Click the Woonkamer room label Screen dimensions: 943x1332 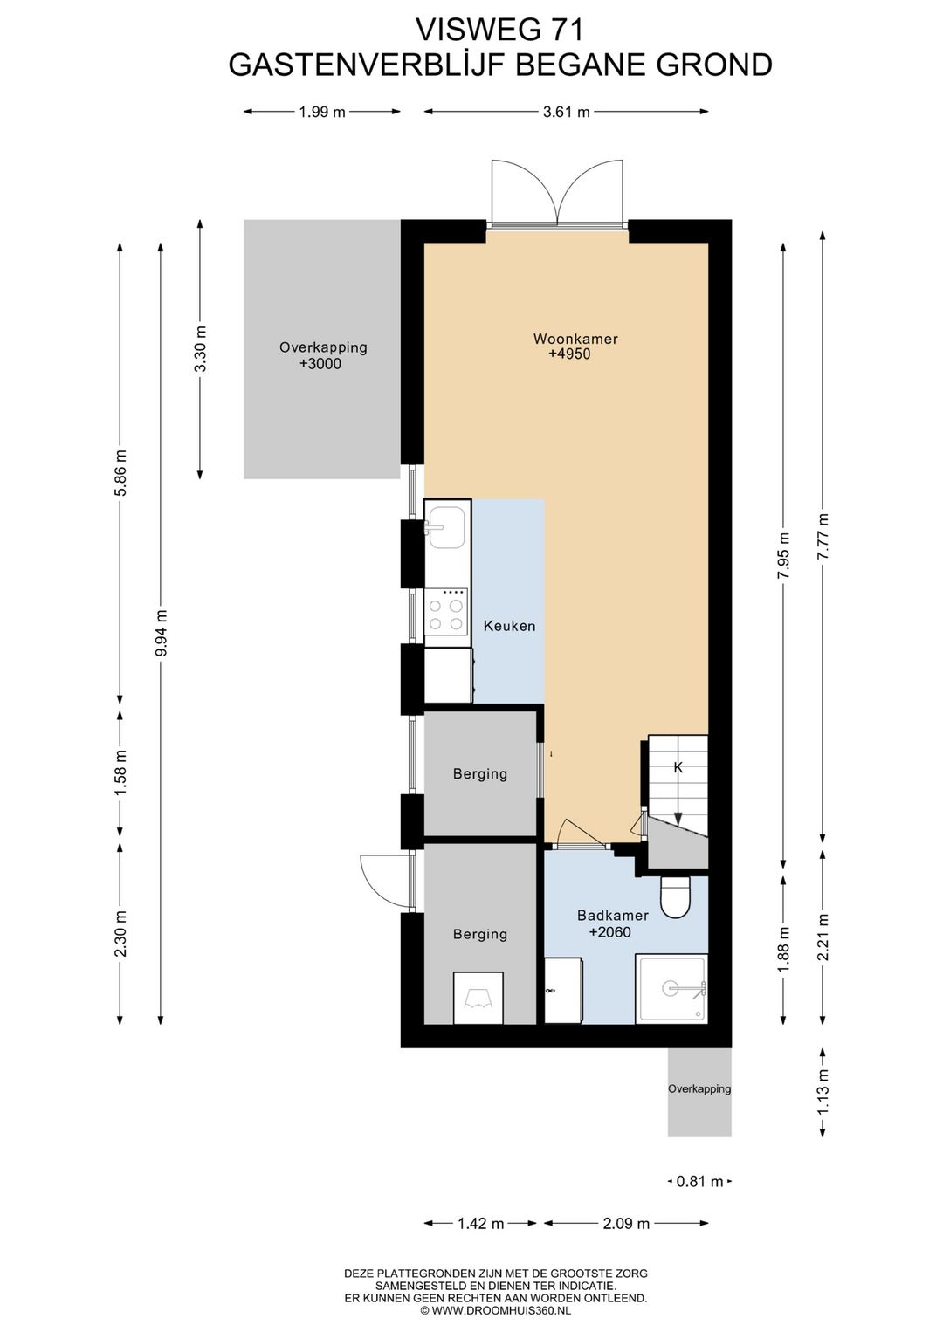[575, 339]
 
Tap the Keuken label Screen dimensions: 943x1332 [509, 626]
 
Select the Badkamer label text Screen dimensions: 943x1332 [613, 916]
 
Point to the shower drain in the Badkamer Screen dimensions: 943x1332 [670, 988]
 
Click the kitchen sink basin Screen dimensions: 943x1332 [446, 527]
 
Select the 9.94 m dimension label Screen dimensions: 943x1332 [162, 632]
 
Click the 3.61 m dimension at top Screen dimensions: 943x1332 [567, 112]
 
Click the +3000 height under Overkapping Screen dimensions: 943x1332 [320, 364]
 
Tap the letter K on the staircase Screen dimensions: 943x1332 [678, 767]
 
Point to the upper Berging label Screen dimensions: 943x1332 [480, 774]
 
